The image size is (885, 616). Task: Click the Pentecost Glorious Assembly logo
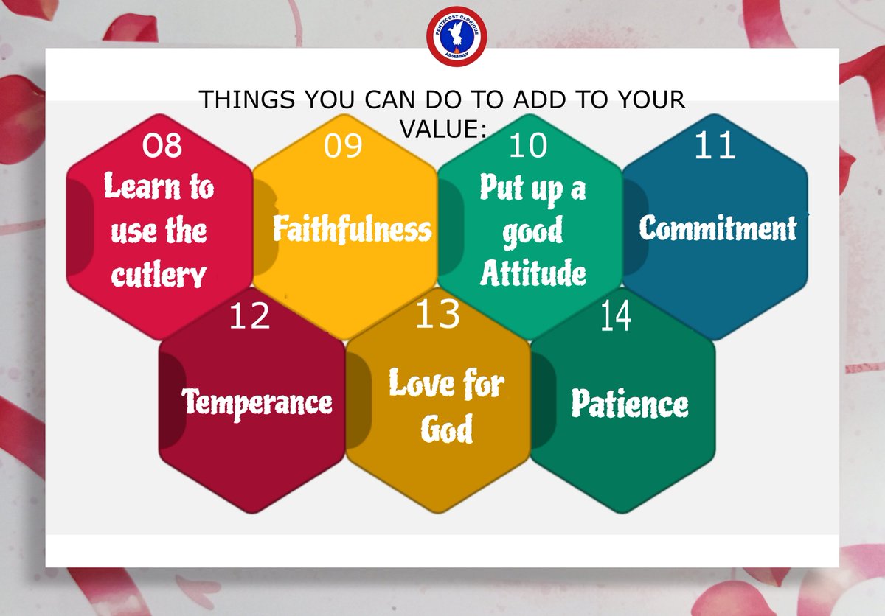(448, 37)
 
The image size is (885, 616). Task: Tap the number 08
(162, 145)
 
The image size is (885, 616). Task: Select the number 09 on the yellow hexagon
(343, 147)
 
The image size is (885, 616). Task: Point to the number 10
(528, 146)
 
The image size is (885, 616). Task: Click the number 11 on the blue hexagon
(715, 146)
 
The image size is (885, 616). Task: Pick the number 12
(249, 317)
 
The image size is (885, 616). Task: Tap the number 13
(437, 314)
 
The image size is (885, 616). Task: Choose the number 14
(615, 317)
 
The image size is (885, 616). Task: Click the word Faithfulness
(352, 229)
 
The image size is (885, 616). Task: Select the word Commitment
(718, 228)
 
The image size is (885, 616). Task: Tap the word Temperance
(257, 402)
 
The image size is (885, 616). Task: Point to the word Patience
(630, 404)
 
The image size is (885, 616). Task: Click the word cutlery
(159, 276)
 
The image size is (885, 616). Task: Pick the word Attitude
(533, 273)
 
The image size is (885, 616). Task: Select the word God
(446, 429)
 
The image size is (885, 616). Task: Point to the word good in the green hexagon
(532, 232)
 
